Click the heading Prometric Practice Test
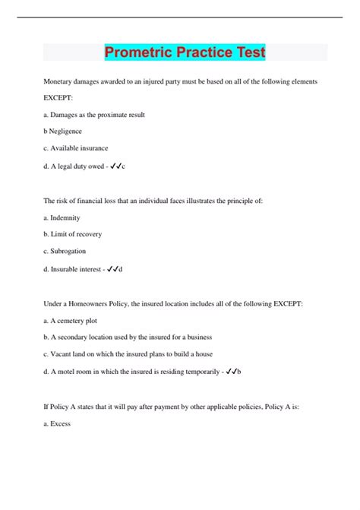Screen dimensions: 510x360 coord(185,53)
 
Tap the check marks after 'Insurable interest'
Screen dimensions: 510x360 coord(112,268)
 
